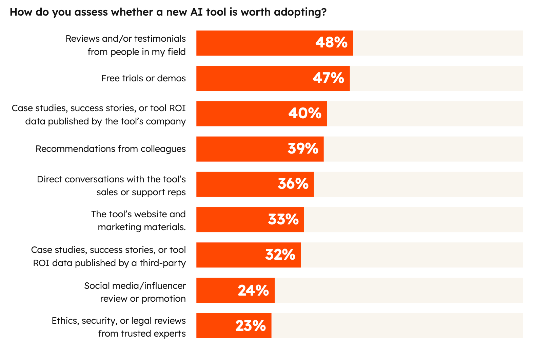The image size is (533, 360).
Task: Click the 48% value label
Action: pyautogui.click(x=331, y=43)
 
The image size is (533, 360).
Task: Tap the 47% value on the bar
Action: pyautogui.click(x=328, y=78)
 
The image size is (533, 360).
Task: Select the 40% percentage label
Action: pyautogui.click(x=305, y=113)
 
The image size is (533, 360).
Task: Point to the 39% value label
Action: pyautogui.click(x=303, y=148)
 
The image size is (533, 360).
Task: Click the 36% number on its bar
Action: pyautogui.click(x=293, y=184)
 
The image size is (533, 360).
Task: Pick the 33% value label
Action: pyautogui.click(x=283, y=219)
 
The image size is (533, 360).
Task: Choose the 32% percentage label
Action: pyautogui.click(x=280, y=255)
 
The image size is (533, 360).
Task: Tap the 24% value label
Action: pyautogui.click(x=253, y=290)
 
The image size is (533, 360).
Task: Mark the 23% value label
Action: pyautogui.click(x=251, y=325)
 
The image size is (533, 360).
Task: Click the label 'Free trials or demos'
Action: pyautogui.click(x=143, y=78)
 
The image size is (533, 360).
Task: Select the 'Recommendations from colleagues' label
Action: pyautogui.click(x=111, y=149)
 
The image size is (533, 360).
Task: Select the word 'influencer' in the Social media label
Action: pyautogui.click(x=165, y=286)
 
